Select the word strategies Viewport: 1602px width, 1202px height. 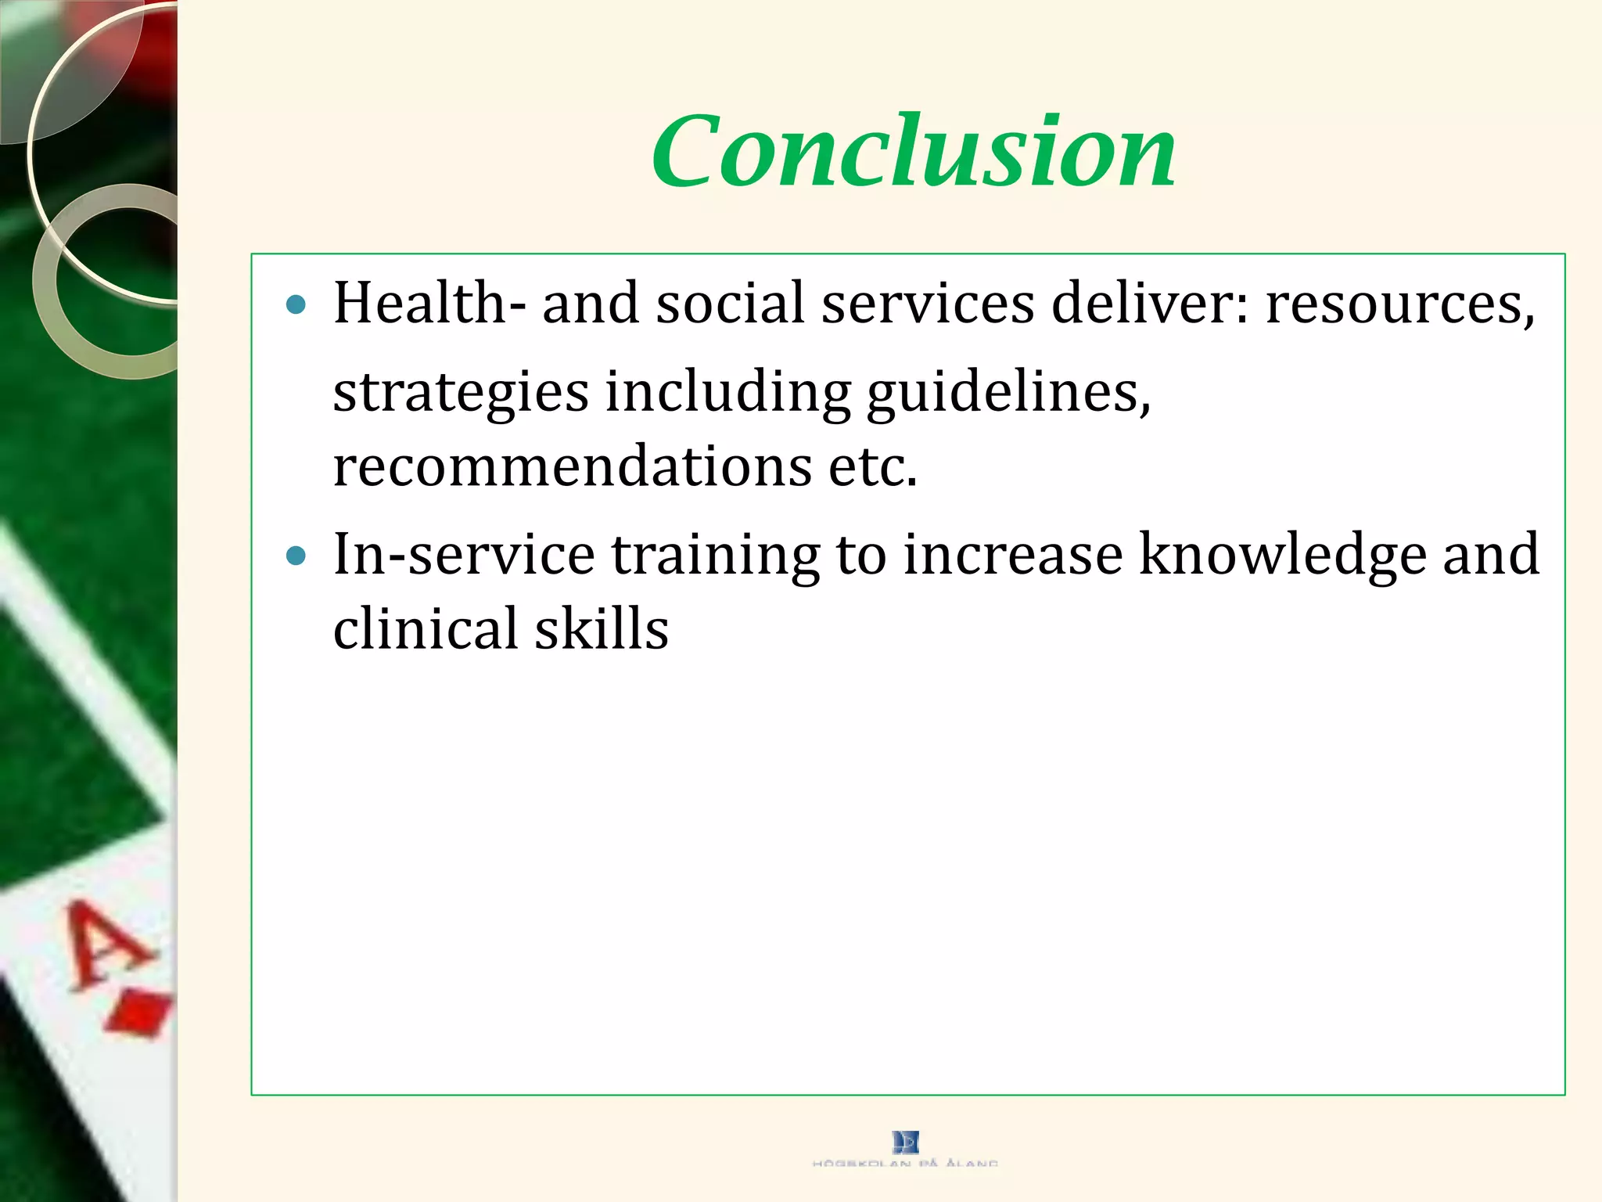click(x=461, y=391)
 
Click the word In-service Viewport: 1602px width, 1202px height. click(x=464, y=554)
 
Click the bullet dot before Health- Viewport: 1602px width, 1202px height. click(x=296, y=304)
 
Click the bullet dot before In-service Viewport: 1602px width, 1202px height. click(x=296, y=556)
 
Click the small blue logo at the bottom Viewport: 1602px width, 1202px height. click(x=905, y=1142)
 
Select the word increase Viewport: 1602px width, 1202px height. click(x=1013, y=554)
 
